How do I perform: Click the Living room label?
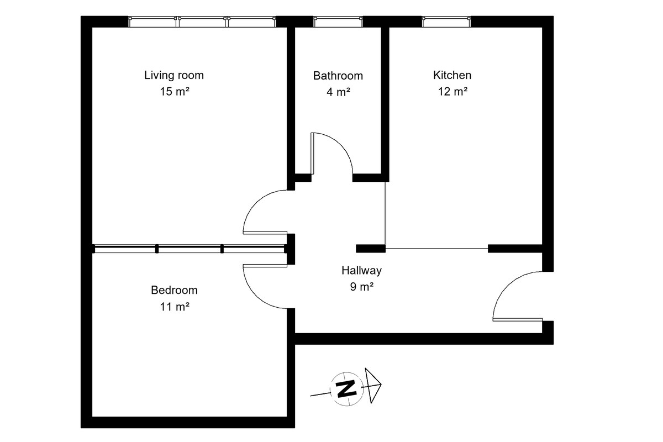pyautogui.click(x=174, y=76)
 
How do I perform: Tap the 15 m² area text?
pyautogui.click(x=175, y=92)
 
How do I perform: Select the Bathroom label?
pyautogui.click(x=338, y=76)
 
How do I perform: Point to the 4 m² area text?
pyautogui.click(x=338, y=92)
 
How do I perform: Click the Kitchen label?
pyautogui.click(x=452, y=75)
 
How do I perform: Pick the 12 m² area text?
pyautogui.click(x=453, y=92)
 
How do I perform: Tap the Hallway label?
pyautogui.click(x=362, y=271)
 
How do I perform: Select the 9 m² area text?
pyautogui.click(x=362, y=287)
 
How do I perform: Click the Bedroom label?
pyautogui.click(x=175, y=290)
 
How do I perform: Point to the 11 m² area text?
pyautogui.click(x=175, y=307)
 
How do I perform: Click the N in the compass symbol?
pyautogui.click(x=346, y=389)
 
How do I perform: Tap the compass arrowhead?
pyautogui.click(x=373, y=386)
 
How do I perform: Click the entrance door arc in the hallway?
pyautogui.click(x=506, y=283)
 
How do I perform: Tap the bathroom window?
pyautogui.click(x=338, y=22)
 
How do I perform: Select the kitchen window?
pyautogui.click(x=446, y=22)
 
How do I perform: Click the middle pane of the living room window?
pyautogui.click(x=202, y=22)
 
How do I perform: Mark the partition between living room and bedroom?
pyautogui.click(x=190, y=249)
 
